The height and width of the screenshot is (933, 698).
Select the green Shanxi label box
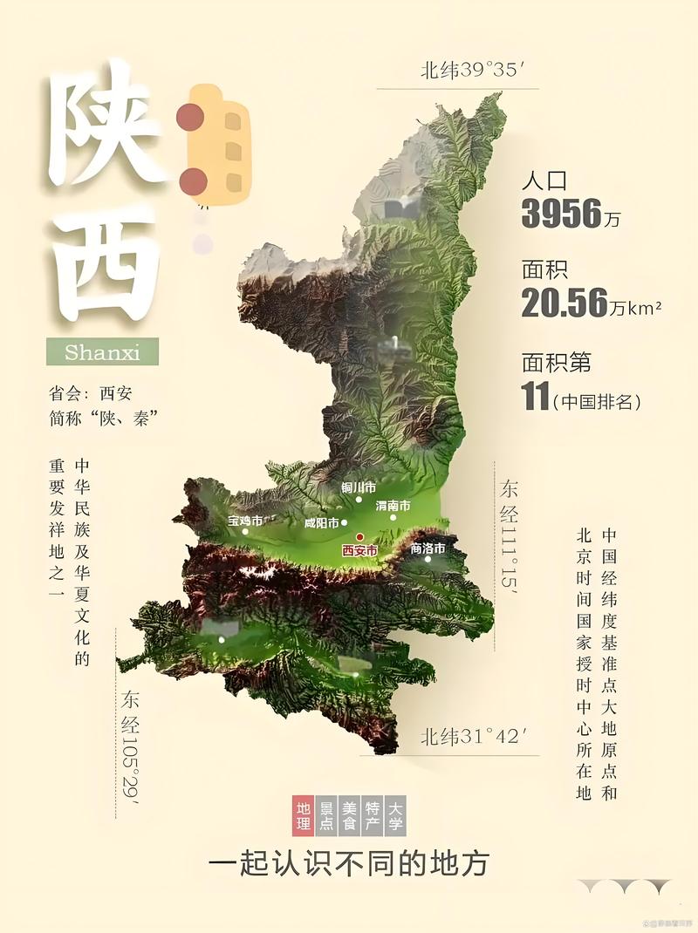(x=102, y=351)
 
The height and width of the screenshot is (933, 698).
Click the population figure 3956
(x=562, y=213)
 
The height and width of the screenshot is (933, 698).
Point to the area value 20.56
(x=564, y=302)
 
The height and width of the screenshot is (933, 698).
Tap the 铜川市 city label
(x=359, y=487)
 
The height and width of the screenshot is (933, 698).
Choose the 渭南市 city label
(x=393, y=505)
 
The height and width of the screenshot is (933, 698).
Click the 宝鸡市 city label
(x=244, y=520)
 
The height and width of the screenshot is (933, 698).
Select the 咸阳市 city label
(x=320, y=523)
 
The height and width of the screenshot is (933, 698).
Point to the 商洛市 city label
(x=428, y=548)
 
